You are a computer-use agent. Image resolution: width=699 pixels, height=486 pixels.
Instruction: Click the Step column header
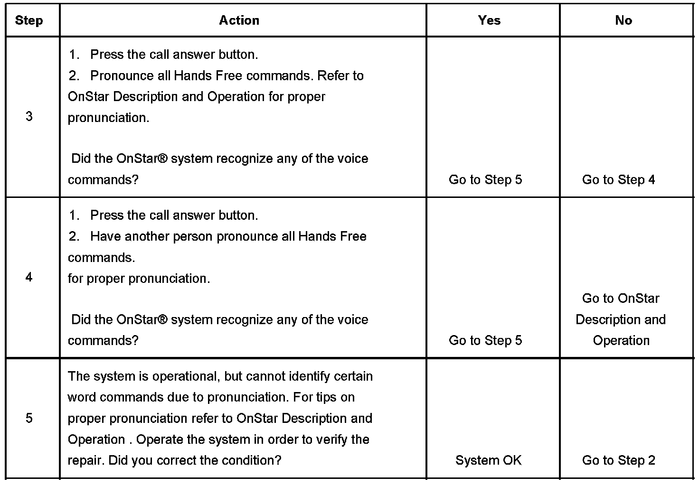29,20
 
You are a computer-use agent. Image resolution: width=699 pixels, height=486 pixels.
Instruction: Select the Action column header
239,20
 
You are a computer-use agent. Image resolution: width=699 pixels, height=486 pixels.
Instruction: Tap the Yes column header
489,20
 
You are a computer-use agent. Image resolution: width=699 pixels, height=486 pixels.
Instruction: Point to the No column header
623,20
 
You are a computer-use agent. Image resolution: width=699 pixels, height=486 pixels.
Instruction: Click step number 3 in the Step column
29,117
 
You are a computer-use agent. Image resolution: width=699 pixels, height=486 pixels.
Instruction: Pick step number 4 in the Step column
29,277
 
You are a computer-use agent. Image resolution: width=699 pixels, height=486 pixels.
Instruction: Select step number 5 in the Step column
29,418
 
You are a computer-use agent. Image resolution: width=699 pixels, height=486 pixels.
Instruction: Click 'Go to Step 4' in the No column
618,180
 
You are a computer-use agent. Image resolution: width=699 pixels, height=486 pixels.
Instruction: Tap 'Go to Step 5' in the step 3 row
485,180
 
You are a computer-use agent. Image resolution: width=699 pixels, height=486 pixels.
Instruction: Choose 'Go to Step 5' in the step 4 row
485,340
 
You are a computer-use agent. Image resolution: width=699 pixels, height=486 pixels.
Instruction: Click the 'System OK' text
488,460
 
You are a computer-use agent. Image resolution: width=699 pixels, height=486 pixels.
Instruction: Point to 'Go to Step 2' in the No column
618,460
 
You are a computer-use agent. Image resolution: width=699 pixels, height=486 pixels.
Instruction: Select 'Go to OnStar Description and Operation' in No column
621,319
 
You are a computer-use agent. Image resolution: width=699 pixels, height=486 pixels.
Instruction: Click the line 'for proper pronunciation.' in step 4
139,279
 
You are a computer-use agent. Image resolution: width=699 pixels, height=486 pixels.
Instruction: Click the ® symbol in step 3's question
162,159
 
